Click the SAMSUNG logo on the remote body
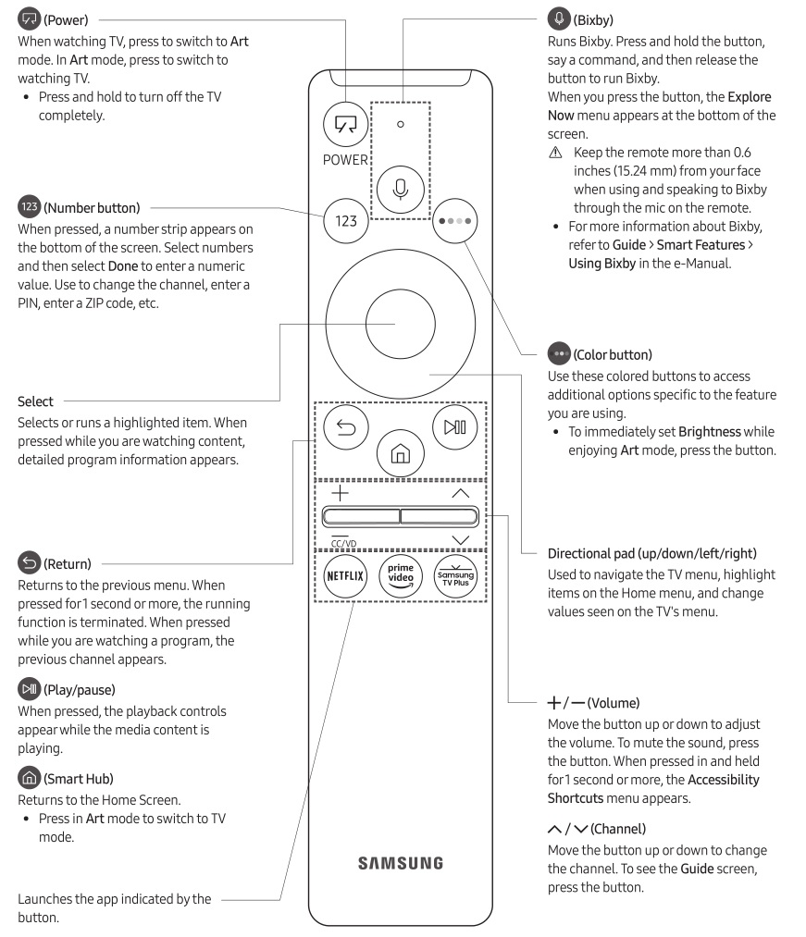click(x=399, y=863)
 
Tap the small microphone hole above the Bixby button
click(x=399, y=122)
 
